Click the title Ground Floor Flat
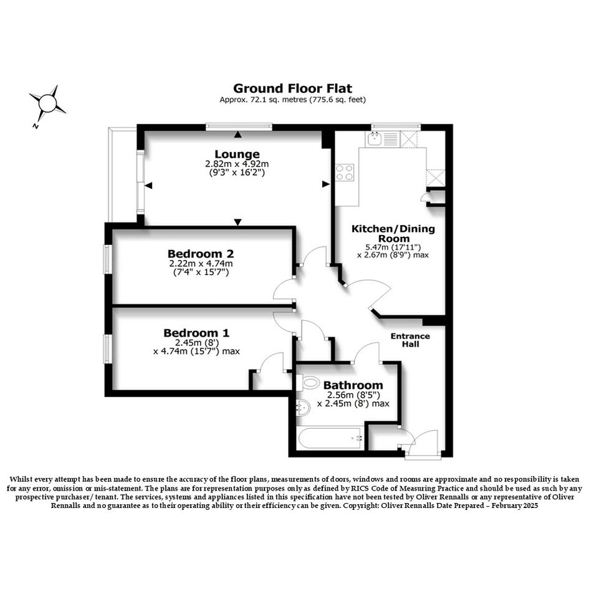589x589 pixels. (292, 89)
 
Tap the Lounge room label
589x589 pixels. (237, 154)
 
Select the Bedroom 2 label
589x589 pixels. (201, 254)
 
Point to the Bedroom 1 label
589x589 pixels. (196, 333)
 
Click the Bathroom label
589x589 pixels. (353, 385)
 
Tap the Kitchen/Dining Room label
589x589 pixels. (393, 234)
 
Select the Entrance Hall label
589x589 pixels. (410, 340)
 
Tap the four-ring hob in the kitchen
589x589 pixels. (345, 173)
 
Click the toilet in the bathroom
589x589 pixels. (308, 383)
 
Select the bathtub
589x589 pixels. (330, 438)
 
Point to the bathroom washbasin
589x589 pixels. (303, 408)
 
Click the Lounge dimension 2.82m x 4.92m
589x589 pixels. (237, 164)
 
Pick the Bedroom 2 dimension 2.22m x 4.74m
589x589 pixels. (201, 264)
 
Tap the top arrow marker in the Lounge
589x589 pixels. (237, 135)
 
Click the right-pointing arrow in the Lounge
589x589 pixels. (326, 184)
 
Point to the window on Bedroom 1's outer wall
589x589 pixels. (107, 348)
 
